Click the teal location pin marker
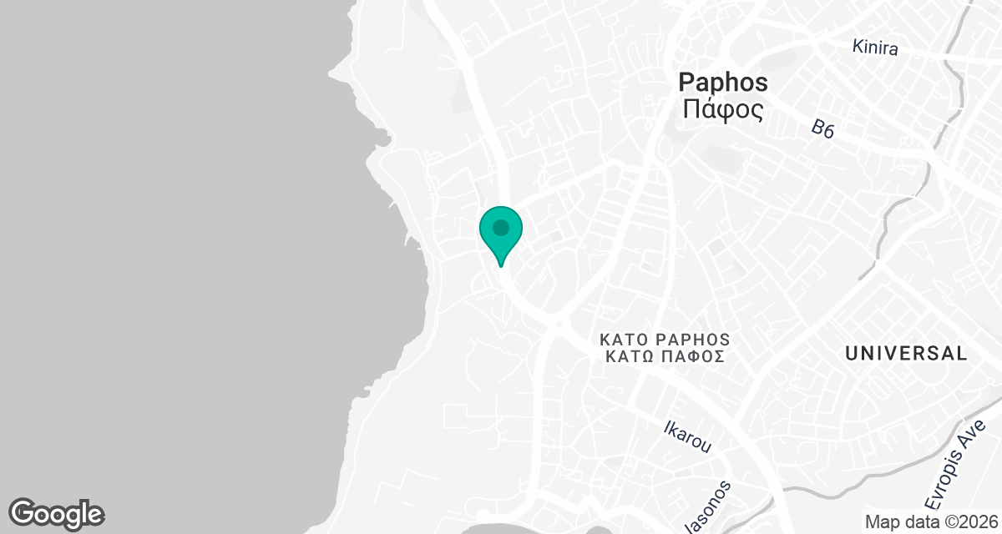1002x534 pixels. click(501, 233)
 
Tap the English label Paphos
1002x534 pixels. click(723, 82)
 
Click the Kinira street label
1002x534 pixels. click(875, 48)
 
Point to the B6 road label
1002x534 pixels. click(822, 128)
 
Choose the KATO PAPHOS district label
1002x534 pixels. click(665, 340)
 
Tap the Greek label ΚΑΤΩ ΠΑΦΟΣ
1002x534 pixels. click(665, 356)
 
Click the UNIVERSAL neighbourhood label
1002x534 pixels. click(906, 353)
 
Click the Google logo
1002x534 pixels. click(56, 513)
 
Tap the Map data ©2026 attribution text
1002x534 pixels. click(930, 522)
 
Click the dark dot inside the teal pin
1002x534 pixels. click(501, 227)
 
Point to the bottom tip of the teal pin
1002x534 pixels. click(501, 265)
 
